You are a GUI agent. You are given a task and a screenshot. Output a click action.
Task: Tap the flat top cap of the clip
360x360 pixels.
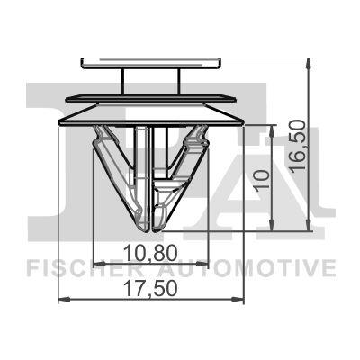(150, 62)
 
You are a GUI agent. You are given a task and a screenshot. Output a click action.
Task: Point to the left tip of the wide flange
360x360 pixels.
(58, 119)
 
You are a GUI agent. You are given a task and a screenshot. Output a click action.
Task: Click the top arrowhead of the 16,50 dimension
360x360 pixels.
(309, 62)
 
